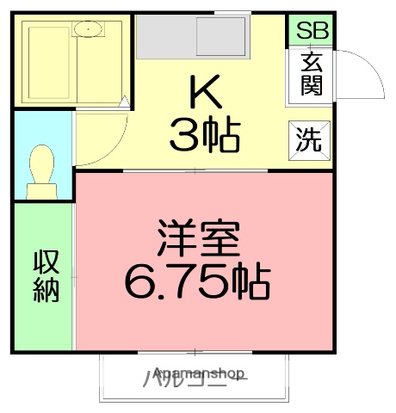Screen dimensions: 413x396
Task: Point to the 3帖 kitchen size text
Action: coord(204,134)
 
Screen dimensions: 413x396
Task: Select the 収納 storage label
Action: coord(46,275)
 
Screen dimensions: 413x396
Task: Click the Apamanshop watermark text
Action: coord(199,374)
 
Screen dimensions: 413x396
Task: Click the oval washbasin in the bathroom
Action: coord(89,31)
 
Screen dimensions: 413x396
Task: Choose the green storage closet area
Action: coord(45,275)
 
